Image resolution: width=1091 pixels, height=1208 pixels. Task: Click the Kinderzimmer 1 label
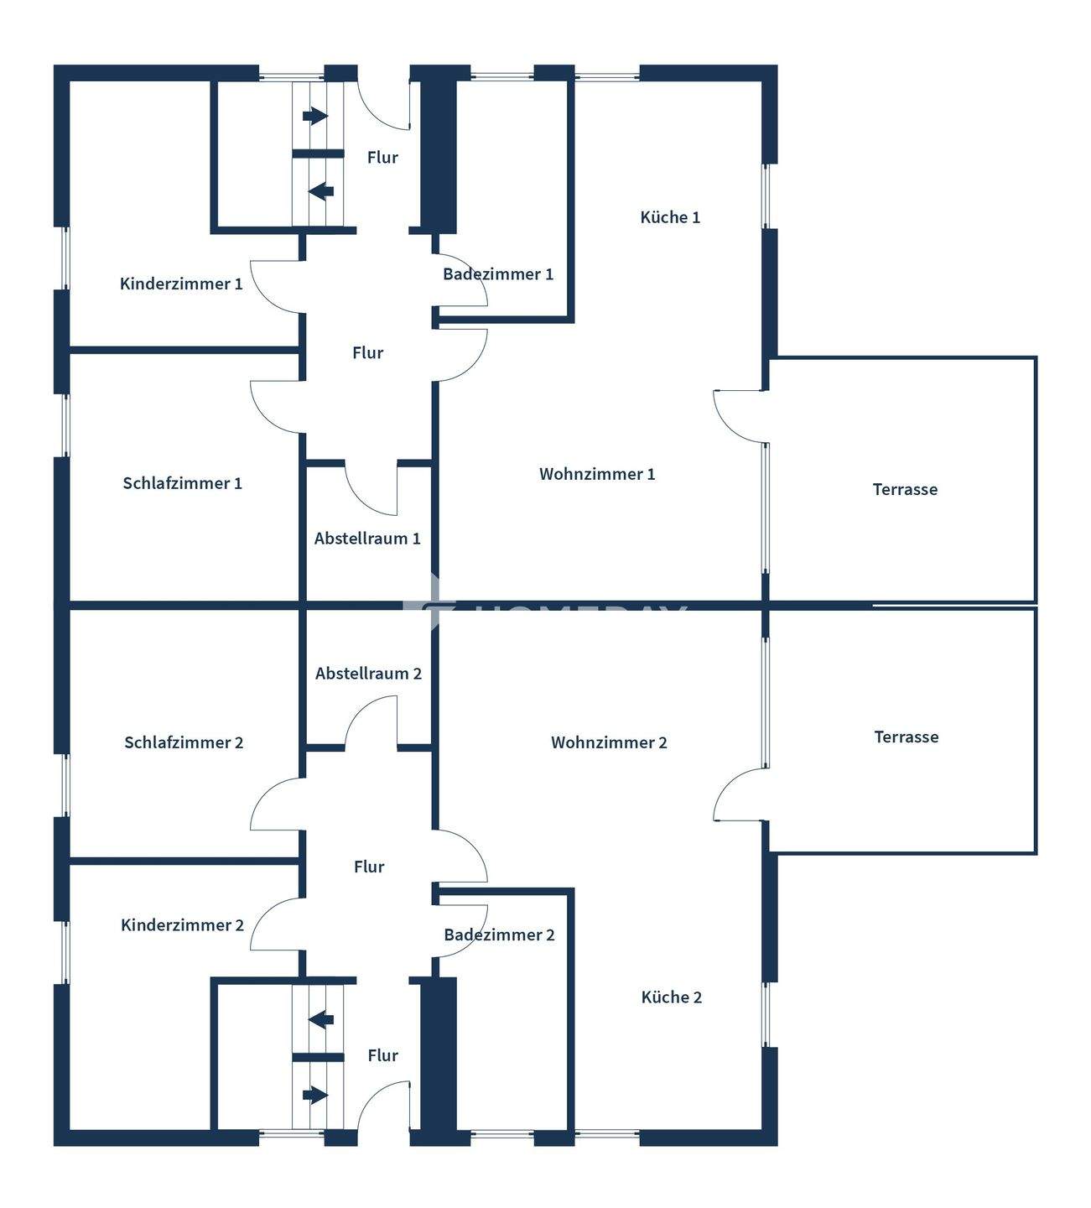181,284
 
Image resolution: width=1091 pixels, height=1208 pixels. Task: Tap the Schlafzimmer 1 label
182,483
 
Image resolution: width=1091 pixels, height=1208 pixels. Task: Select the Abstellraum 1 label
367,539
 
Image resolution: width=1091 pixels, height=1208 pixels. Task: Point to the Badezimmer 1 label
498,274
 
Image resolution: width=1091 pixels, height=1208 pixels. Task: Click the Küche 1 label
670,217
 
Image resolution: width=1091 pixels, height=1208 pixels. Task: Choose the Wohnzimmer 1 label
597,474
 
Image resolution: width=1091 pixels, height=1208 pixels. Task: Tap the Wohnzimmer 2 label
609,742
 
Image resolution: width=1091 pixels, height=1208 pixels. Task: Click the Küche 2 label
671,997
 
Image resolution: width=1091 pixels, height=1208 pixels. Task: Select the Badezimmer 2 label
499,935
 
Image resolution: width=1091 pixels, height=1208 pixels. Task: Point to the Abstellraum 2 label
368,674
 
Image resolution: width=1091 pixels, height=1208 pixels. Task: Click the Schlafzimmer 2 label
184,742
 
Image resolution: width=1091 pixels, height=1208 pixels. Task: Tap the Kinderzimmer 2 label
182,925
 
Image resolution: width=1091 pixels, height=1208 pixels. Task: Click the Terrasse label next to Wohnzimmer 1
905,489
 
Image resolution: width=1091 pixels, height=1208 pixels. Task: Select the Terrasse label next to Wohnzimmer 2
906,737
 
